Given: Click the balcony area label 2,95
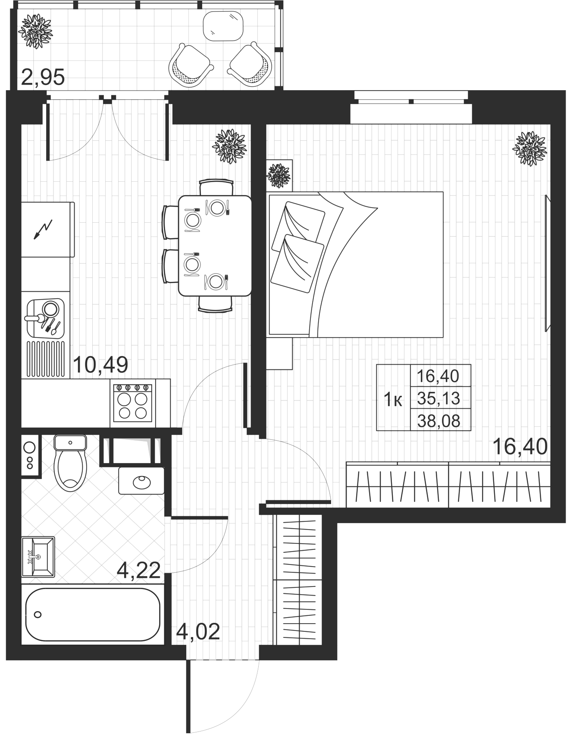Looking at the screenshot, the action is [x=43, y=78].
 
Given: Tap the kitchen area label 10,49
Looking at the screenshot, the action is [x=101, y=365].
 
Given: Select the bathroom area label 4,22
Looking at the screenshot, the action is [x=139, y=571].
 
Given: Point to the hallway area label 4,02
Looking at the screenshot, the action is [x=198, y=632].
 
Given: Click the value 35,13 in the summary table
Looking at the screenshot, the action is [x=438, y=398].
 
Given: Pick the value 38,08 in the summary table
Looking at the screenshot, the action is [x=438, y=420].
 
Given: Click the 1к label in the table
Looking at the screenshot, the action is [x=393, y=400].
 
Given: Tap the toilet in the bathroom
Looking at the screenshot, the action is [x=70, y=463].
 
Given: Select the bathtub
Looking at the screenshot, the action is [x=93, y=614].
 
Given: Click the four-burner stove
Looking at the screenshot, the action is [x=133, y=402].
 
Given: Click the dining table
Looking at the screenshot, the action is [x=215, y=246].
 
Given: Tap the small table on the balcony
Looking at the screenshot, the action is [x=224, y=25].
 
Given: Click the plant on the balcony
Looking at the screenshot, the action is [x=35, y=31].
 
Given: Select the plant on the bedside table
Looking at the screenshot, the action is [x=279, y=176].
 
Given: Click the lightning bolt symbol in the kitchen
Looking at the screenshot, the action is [x=44, y=228].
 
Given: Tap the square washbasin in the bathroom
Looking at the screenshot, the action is [x=38, y=556].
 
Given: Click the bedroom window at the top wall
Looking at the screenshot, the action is [x=411, y=102].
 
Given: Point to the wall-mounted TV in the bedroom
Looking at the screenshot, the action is [x=548, y=263].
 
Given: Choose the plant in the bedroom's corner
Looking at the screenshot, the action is [x=529, y=148].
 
